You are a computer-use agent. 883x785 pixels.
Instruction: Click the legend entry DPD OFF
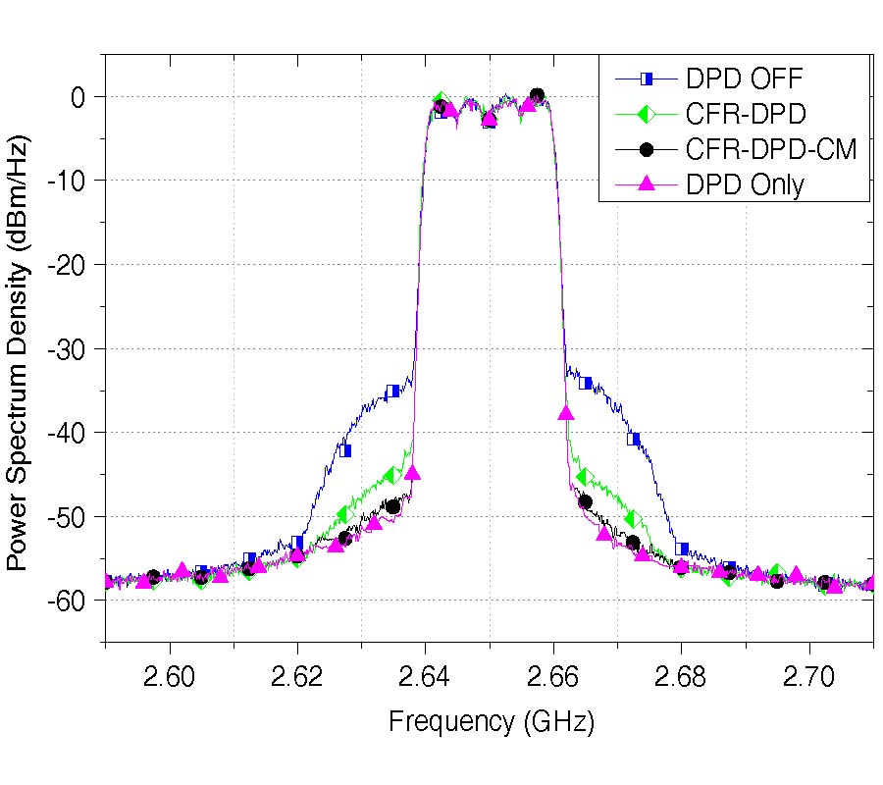(x=746, y=78)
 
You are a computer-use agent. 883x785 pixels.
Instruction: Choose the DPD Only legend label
(x=747, y=184)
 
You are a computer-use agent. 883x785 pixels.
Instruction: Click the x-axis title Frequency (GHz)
(x=492, y=723)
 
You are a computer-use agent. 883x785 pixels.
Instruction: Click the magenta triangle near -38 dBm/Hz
(x=566, y=413)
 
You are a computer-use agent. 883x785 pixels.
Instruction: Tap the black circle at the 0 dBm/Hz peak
(x=537, y=95)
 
